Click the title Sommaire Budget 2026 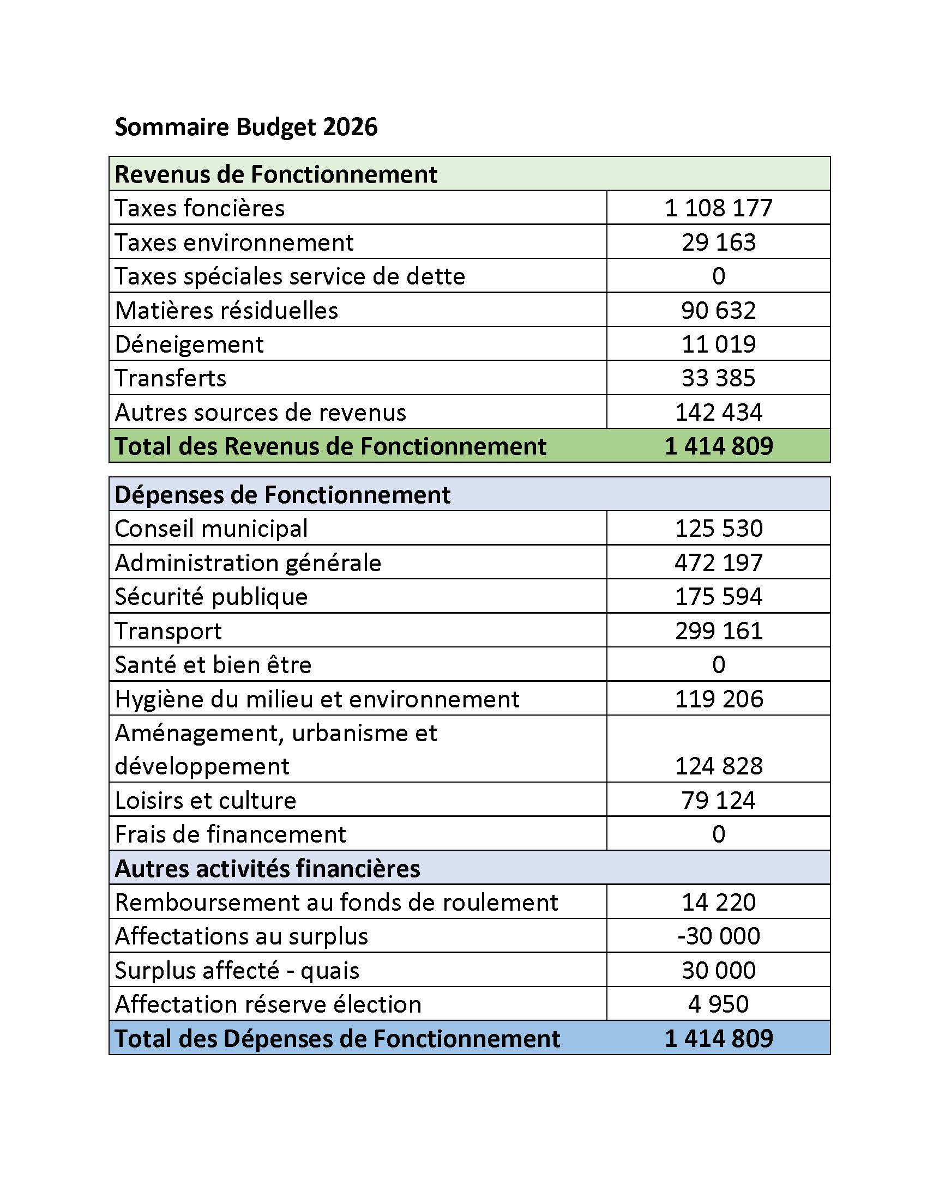click(x=245, y=127)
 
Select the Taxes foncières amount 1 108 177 click(x=718, y=208)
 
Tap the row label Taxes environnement click(x=234, y=242)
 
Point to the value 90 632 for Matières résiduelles click(x=718, y=310)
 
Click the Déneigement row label click(x=189, y=344)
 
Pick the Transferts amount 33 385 click(x=718, y=378)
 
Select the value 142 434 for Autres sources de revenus click(x=718, y=413)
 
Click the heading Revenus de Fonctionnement click(x=276, y=174)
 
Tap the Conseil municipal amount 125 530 click(x=718, y=528)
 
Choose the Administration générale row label click(x=248, y=563)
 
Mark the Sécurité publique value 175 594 click(x=718, y=596)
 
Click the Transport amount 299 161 click(x=718, y=631)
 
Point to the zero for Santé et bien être click(x=718, y=665)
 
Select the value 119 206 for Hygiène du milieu click(x=718, y=699)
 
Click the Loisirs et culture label click(x=206, y=801)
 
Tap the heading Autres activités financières click(x=267, y=869)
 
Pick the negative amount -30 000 click(x=718, y=936)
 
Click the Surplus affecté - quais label click(x=237, y=970)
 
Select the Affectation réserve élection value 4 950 click(x=718, y=1004)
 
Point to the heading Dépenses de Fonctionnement click(x=282, y=495)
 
